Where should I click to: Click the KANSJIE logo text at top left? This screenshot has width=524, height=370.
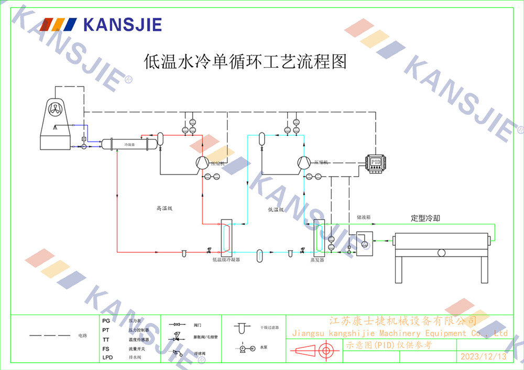tap(122, 24)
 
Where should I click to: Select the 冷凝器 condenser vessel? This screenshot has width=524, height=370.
tap(129, 144)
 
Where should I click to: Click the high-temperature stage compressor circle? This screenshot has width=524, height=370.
tap(201, 163)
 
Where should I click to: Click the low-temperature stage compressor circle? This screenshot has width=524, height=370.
tap(303, 163)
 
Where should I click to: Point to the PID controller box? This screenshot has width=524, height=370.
tap(375, 162)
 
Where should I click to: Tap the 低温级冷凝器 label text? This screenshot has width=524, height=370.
tap(226, 259)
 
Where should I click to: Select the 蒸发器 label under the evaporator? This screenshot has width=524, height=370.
tap(317, 259)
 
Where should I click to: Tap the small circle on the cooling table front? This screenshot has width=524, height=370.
tap(441, 253)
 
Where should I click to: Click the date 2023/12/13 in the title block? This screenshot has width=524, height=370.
tap(483, 357)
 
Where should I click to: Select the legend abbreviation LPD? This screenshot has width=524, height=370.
tap(107, 358)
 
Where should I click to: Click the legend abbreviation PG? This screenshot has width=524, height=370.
tap(106, 320)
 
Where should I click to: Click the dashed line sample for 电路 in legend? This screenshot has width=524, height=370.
tap(49, 335)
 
